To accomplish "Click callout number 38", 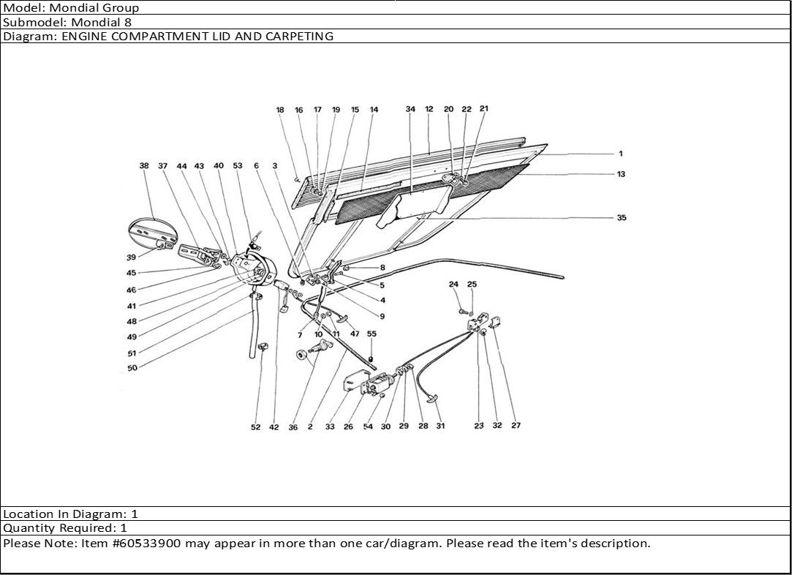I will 144,166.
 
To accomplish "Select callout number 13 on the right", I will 621,174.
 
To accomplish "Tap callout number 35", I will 621,217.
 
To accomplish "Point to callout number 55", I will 372,334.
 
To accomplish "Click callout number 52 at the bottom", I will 255,427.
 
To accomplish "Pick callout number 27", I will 516,425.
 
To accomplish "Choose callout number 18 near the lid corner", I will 280,110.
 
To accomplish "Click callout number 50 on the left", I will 132,368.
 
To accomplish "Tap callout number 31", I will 440,426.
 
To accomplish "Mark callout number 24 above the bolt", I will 453,284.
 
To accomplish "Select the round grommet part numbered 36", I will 300,356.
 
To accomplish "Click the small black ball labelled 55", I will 371,359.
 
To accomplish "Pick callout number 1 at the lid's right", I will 620,154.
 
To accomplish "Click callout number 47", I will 354,334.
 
